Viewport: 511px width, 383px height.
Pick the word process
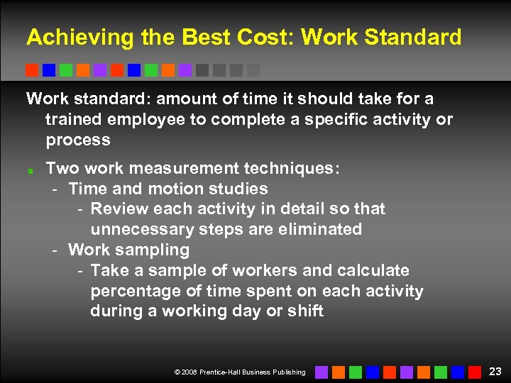78,140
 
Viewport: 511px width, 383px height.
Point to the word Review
116,209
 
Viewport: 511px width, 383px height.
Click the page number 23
495,371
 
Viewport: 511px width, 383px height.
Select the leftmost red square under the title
32,70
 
